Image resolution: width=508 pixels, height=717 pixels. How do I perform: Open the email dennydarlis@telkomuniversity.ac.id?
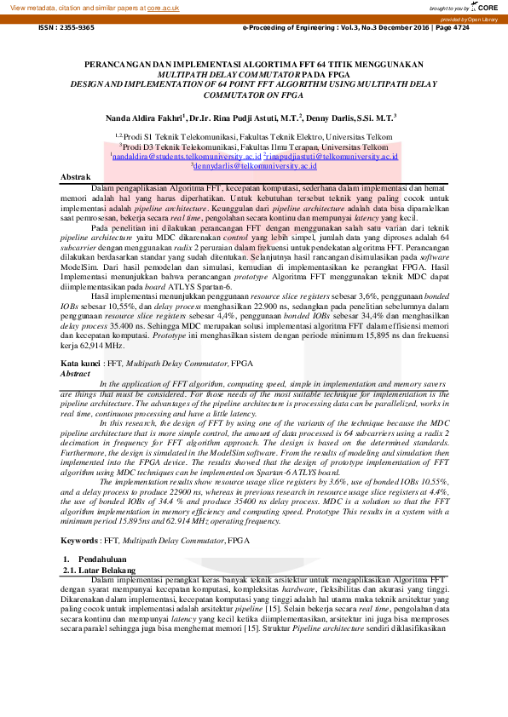click(x=253, y=167)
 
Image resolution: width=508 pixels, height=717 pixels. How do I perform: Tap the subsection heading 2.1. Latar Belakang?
click(x=99, y=569)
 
